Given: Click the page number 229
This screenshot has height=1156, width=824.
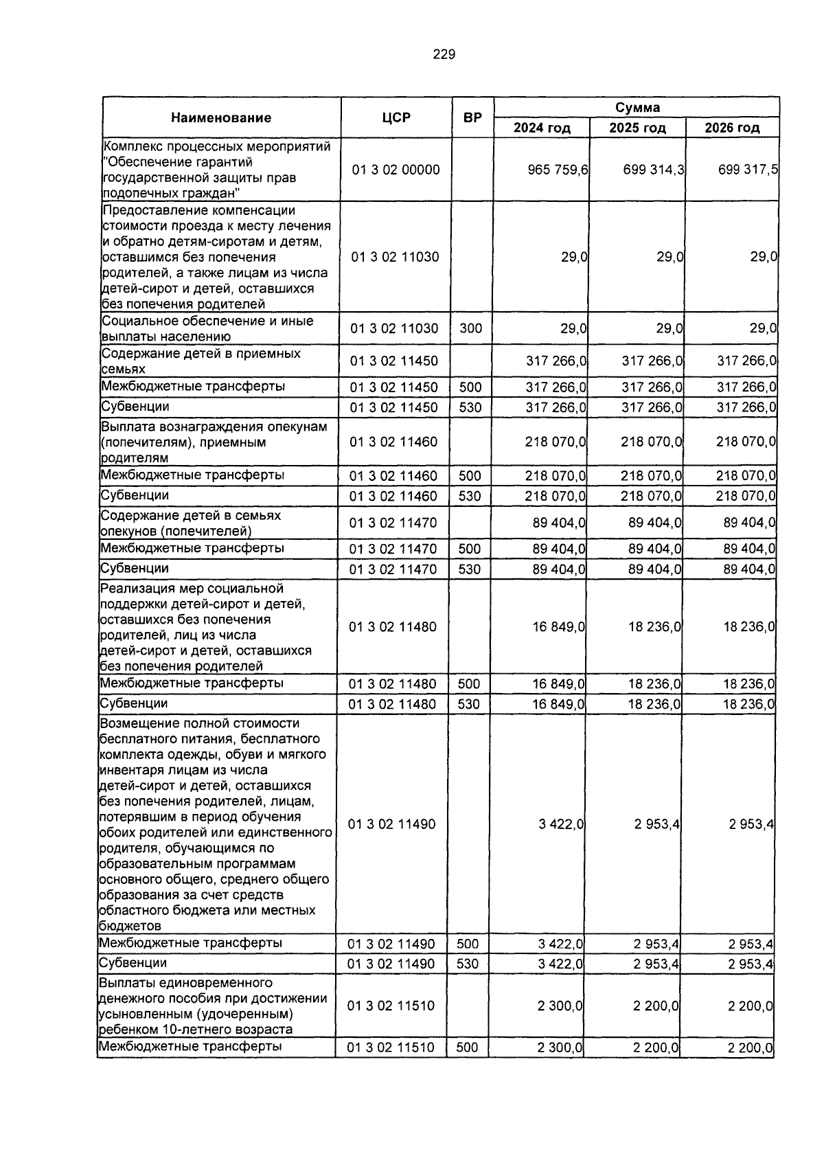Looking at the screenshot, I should (x=444, y=55).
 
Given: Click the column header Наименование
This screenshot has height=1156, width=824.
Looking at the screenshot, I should (x=221, y=117).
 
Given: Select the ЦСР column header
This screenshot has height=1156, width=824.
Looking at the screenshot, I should (x=396, y=117).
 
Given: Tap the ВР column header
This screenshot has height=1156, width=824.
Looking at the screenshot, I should (x=472, y=117).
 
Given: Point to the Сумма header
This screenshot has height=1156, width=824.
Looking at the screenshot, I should (x=637, y=107).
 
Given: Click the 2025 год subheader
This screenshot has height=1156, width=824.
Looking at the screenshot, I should (x=637, y=128).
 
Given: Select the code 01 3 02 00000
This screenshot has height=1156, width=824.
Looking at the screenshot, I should (x=396, y=170).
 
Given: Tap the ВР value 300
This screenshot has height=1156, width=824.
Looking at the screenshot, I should (x=470, y=328).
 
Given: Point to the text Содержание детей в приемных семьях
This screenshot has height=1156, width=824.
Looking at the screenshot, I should (x=201, y=361).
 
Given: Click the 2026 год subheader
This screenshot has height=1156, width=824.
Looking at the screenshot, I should (x=732, y=128).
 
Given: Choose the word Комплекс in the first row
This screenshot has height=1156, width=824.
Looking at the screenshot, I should (x=130, y=146).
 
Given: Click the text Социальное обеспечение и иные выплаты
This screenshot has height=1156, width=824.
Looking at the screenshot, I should (x=207, y=328).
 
